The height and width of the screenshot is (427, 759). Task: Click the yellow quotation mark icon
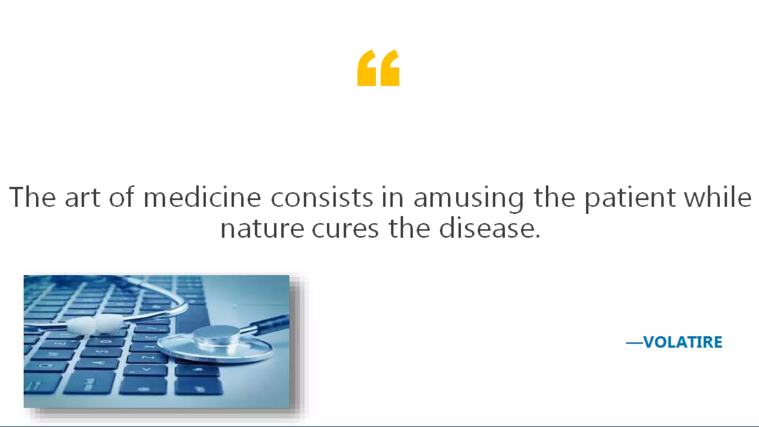[378, 68]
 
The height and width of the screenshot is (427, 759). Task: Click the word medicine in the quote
[202, 198]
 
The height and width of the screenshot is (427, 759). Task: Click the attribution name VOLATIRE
[683, 342]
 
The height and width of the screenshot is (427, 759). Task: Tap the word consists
[322, 198]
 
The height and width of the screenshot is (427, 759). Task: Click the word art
[82, 198]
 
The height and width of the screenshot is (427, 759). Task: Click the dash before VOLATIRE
[634, 343]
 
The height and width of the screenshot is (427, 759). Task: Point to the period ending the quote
[538, 236]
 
